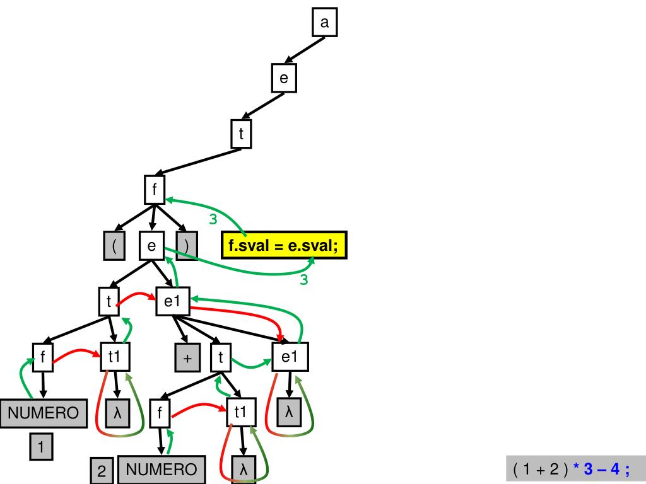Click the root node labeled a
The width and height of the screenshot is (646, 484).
coord(325,23)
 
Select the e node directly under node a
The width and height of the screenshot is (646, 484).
coord(284,78)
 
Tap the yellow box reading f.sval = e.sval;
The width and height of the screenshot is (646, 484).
coord(284,245)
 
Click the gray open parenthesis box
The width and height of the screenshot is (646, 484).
coord(114,246)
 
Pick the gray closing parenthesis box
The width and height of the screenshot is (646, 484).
coord(187,246)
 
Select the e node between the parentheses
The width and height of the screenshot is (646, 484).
coord(152,246)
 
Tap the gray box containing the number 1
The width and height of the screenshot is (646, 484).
coord(41,448)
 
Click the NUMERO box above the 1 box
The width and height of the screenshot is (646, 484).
coord(42,413)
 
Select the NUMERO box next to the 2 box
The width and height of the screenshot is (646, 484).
coord(161,470)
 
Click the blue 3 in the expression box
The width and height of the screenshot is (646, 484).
coord(589,470)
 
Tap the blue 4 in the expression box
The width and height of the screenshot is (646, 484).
coord(614,470)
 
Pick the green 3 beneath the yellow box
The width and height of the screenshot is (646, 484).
coord(303,280)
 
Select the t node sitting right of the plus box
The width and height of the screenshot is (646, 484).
coord(221,358)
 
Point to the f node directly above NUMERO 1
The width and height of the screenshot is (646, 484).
coord(42,357)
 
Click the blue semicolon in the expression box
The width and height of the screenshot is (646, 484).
coord(627,470)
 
